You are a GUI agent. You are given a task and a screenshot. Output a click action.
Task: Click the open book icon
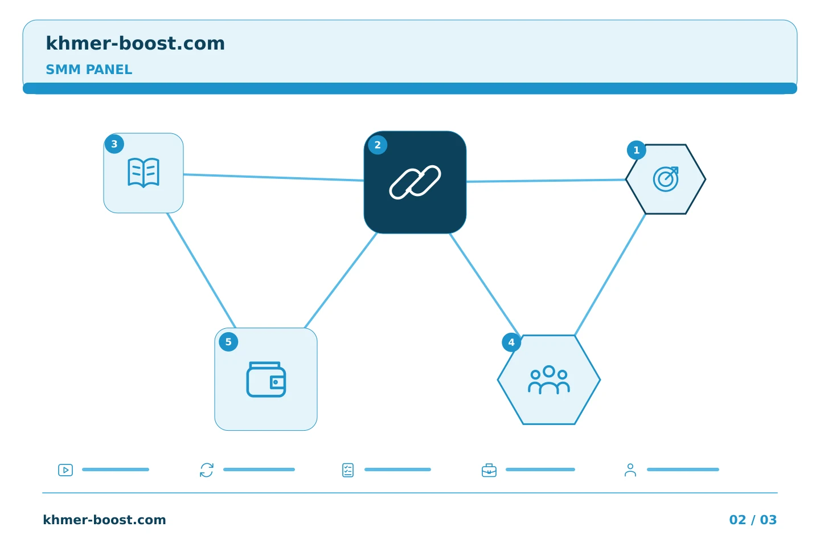pos(143,173)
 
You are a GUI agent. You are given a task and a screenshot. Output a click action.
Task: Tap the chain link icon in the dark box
pos(415,182)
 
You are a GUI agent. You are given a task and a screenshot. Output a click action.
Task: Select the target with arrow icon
pos(666,179)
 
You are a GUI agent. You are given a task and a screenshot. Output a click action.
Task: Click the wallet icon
pos(266,379)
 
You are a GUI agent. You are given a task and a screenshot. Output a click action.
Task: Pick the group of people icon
pos(549,379)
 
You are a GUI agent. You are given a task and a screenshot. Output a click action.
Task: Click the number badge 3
pos(114,144)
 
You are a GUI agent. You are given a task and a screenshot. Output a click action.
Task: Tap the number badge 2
pos(378,145)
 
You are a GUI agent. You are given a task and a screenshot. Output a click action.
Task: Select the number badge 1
pos(636,150)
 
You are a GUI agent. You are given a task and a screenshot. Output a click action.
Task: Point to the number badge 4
pos(511,342)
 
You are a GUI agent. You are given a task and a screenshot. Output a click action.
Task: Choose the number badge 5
pos(228,342)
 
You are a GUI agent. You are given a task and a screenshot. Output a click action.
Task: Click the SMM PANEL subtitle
pos(89,70)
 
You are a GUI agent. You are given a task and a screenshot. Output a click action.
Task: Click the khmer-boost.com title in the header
pos(135,43)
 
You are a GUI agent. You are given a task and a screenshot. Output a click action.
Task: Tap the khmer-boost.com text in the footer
pos(104,520)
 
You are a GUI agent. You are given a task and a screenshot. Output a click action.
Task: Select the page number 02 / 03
pos(753,520)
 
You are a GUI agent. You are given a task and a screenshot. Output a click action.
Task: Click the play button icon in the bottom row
pos(65,470)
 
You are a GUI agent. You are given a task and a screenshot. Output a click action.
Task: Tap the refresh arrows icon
pos(207,470)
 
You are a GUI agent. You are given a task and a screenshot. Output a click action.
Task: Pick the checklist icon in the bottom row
pos(348,470)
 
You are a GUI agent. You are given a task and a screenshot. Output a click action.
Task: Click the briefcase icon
pos(489,470)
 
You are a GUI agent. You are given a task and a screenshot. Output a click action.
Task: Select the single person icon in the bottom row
pos(630,470)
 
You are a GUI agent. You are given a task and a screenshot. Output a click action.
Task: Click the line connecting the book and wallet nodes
pos(201,271)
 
